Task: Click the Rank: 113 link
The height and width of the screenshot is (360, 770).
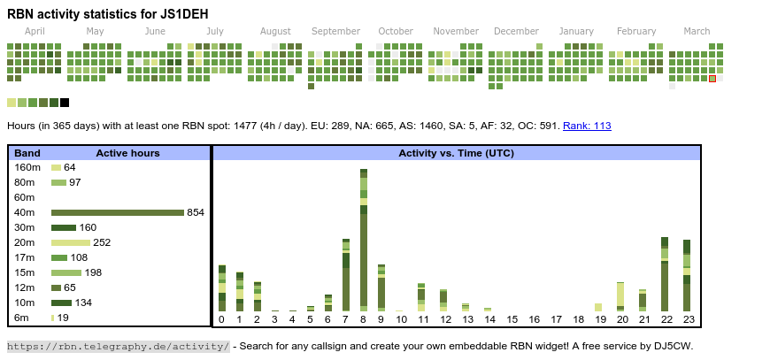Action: pos(587,126)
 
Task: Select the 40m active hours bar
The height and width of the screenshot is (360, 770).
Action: pos(117,212)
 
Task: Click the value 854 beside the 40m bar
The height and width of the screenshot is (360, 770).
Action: pos(196,212)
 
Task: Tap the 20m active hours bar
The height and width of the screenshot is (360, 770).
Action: pos(71,242)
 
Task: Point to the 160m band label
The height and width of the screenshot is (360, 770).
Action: pos(27,167)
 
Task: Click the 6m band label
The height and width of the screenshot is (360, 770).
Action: pos(21,318)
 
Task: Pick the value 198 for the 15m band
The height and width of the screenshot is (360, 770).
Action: pos(93,272)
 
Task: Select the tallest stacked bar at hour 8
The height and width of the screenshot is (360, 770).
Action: pos(364,239)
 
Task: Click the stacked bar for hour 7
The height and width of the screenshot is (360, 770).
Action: pos(346,274)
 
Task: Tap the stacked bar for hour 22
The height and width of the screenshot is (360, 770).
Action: pos(665,274)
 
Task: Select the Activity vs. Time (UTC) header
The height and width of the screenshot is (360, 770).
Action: pos(456,153)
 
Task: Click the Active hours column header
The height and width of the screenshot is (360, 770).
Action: pos(127,153)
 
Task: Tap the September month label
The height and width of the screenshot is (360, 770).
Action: pos(335,31)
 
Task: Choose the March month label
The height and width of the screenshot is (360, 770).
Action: pos(697,31)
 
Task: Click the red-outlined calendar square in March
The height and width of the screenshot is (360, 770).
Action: pos(712,79)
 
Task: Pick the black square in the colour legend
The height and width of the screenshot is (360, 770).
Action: pos(65,103)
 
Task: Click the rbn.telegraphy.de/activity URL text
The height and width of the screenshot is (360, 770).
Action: pos(119,346)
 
